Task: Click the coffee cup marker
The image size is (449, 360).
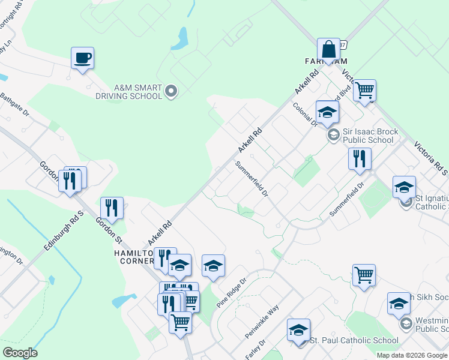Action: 82,58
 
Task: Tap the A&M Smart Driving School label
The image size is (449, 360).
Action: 128,91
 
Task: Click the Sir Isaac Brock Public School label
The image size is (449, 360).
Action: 367,136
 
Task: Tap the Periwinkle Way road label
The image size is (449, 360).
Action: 262,321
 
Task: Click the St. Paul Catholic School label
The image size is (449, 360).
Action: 353,340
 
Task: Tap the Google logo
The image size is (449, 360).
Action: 20,353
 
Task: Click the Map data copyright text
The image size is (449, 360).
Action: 412,355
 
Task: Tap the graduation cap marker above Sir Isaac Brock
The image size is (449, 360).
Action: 327,112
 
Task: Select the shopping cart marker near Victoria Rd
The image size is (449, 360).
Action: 364,91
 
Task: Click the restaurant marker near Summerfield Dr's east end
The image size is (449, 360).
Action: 360,158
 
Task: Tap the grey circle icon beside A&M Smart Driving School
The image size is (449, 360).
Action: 171,91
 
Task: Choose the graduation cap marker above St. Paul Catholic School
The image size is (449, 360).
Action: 298,330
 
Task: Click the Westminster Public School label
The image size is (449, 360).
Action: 430,324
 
